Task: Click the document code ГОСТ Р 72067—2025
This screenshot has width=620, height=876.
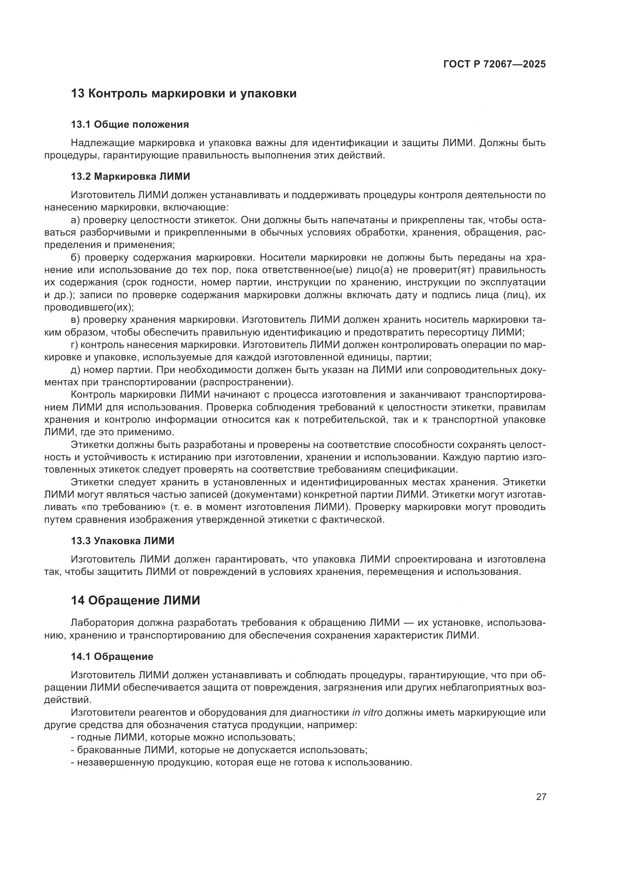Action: click(494, 64)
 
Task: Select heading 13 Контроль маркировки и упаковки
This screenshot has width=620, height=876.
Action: click(184, 94)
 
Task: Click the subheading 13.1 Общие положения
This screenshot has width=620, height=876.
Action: click(130, 124)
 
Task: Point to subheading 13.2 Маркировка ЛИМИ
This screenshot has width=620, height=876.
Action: click(130, 176)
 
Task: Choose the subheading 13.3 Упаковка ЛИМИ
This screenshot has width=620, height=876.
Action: click(123, 541)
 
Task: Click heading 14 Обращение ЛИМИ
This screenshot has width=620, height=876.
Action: click(136, 600)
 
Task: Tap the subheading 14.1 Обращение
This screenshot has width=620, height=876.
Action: click(112, 657)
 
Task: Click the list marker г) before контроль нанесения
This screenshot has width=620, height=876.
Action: click(75, 345)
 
